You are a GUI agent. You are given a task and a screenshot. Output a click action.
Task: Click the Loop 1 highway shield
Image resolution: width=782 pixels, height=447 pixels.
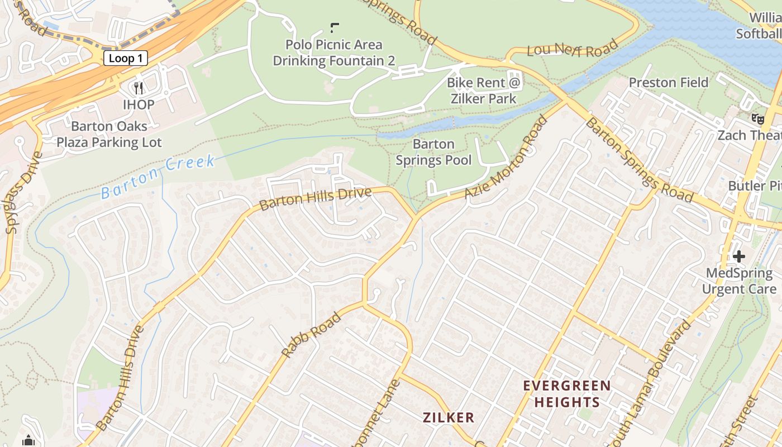[x=126, y=58]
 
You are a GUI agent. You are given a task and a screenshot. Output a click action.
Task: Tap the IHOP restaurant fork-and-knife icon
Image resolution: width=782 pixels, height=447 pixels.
[x=139, y=88]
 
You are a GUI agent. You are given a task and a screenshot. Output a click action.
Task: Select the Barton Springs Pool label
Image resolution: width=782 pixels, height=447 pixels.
[x=433, y=152]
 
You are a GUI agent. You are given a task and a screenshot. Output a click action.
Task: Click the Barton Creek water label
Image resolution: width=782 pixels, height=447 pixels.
[x=158, y=177]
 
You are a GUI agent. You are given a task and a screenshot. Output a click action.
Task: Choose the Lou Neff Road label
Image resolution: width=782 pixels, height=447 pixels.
[x=573, y=49]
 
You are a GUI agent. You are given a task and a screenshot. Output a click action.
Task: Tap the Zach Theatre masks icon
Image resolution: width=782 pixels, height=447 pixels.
[x=757, y=118]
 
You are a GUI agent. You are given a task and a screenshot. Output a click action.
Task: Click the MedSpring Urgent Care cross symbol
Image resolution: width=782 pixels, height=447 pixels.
[x=739, y=256]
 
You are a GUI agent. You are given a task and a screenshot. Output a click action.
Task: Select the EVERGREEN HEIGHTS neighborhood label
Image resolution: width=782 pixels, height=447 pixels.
[x=567, y=394]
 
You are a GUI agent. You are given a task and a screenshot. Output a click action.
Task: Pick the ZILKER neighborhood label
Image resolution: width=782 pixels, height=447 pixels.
[x=449, y=417]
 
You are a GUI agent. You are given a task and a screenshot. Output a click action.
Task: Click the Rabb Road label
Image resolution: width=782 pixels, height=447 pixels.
[x=311, y=335]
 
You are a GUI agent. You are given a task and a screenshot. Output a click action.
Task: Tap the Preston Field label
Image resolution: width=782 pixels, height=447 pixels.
[x=668, y=83]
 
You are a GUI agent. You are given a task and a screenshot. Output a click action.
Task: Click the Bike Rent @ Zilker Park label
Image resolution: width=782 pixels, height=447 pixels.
[x=484, y=91]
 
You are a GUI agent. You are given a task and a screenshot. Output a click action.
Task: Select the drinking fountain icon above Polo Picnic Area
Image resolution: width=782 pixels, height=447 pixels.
[x=335, y=27]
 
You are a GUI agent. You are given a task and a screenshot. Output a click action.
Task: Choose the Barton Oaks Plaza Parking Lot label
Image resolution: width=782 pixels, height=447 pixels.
[x=109, y=134]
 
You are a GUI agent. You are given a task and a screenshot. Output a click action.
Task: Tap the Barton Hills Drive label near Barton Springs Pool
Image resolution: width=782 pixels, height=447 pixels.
[x=316, y=199]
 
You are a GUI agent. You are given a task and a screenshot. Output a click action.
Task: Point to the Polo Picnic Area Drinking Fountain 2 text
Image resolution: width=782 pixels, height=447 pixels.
[x=334, y=53]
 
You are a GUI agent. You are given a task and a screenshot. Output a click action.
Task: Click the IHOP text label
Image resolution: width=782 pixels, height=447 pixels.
[x=139, y=104]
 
